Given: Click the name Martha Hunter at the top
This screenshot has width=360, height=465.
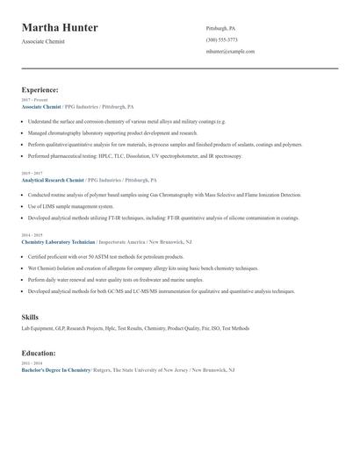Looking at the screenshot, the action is [x=60, y=28].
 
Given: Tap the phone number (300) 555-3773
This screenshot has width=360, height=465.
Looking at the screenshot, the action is [x=221, y=39].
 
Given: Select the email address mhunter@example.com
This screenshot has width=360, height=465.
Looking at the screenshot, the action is [x=230, y=51].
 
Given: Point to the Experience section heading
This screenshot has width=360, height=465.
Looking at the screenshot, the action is [x=40, y=89].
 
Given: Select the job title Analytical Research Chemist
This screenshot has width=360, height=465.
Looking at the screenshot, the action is [x=53, y=179].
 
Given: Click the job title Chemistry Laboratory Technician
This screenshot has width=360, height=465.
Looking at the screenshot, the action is [x=57, y=240].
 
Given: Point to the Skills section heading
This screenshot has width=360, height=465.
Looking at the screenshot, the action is [x=30, y=316].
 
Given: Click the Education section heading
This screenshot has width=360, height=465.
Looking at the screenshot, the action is [x=39, y=353].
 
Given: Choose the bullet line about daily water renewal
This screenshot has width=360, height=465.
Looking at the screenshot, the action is [x=114, y=279].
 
